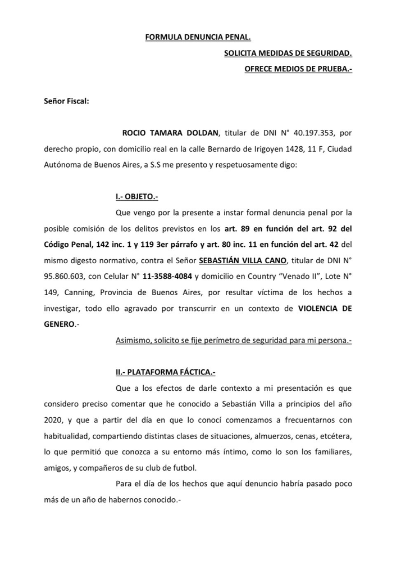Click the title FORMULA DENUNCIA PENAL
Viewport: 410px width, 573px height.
click(x=198, y=37)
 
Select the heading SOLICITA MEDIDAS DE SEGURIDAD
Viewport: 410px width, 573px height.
click(x=288, y=53)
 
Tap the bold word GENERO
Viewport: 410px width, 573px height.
click(x=59, y=324)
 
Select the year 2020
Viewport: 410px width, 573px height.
click(x=54, y=420)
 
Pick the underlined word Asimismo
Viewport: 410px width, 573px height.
click(x=133, y=341)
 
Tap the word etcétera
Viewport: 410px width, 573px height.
click(x=350, y=436)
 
